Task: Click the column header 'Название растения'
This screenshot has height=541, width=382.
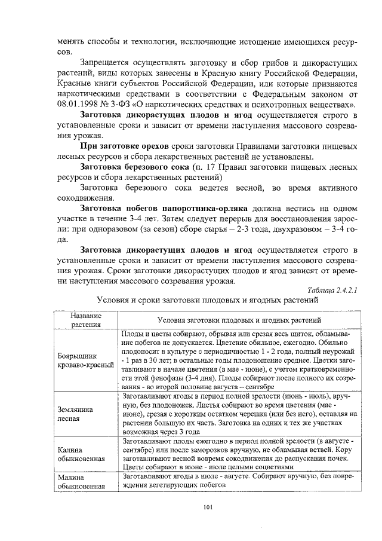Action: [x=85, y=320]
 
